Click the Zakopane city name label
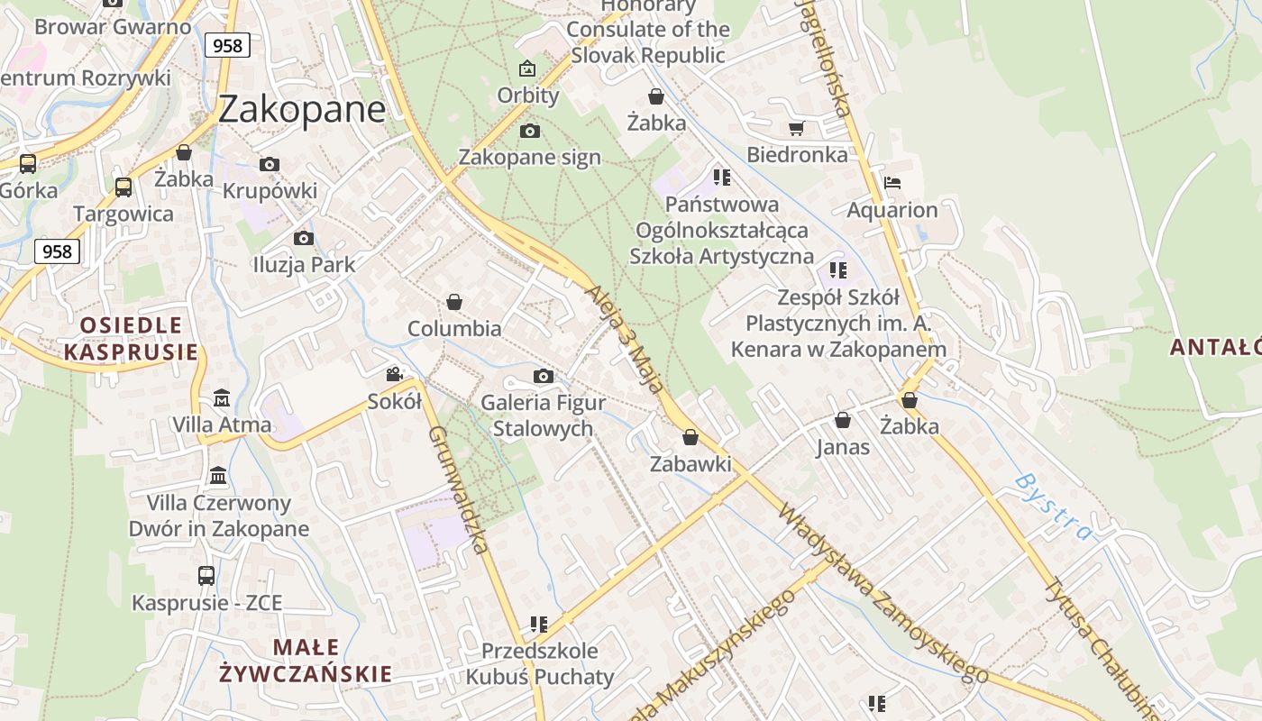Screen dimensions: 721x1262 click(x=302, y=109)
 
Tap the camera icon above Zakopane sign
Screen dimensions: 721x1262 click(x=530, y=132)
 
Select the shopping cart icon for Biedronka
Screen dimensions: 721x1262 click(x=796, y=129)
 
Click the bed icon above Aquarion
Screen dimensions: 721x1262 click(x=892, y=183)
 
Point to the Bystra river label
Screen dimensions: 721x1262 click(x=1053, y=507)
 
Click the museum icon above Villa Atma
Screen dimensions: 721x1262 click(x=222, y=397)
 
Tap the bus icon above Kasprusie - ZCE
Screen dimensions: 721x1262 click(x=206, y=575)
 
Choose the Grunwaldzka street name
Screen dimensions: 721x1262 click(x=459, y=488)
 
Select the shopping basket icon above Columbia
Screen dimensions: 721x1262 click(x=454, y=302)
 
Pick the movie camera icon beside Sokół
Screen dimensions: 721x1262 click(x=394, y=374)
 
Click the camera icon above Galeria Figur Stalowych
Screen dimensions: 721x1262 click(x=543, y=376)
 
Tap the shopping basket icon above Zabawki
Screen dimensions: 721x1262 click(x=690, y=437)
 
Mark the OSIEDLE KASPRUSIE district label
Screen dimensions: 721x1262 click(x=131, y=338)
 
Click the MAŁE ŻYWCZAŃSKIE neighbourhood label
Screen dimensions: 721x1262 click(x=306, y=660)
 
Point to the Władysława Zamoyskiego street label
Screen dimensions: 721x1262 click(x=882, y=593)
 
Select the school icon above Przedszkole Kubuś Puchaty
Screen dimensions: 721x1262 click(x=539, y=624)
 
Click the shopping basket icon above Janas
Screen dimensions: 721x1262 click(x=843, y=420)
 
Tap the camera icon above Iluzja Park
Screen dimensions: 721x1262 click(x=304, y=238)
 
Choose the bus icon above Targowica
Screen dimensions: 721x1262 click(x=123, y=187)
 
